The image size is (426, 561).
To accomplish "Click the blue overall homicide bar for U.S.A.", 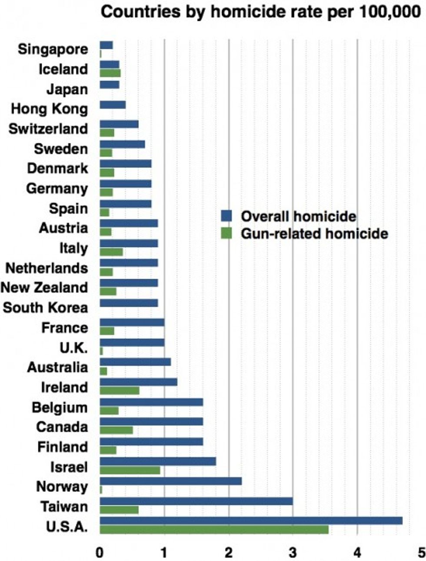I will [x=251, y=521].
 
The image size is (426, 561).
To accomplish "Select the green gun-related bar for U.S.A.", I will [x=214, y=530].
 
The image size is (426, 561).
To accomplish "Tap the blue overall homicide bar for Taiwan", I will [x=196, y=501].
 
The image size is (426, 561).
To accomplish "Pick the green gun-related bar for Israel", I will [x=130, y=470].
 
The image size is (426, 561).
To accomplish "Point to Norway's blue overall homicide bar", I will [x=170, y=481].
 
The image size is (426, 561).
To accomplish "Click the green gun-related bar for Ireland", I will [x=120, y=391].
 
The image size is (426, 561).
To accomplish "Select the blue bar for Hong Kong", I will [x=113, y=105].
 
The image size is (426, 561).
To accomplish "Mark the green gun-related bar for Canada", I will [x=116, y=430].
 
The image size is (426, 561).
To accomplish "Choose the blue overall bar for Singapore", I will [x=106, y=45].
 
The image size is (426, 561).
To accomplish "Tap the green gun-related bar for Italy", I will [x=111, y=252].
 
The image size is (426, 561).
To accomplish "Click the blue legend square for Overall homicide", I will [x=226, y=216].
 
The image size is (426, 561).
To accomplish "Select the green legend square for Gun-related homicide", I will [x=226, y=234].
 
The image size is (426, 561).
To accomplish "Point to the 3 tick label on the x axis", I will [x=293, y=553].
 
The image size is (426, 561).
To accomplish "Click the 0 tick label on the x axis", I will [x=100, y=553].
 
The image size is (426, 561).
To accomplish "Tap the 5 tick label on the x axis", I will [x=421, y=553].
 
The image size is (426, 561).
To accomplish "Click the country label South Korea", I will [x=45, y=307].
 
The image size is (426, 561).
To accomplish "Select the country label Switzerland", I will [x=48, y=129].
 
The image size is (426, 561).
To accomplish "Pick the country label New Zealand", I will [x=44, y=287].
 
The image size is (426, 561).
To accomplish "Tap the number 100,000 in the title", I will [x=390, y=12].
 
